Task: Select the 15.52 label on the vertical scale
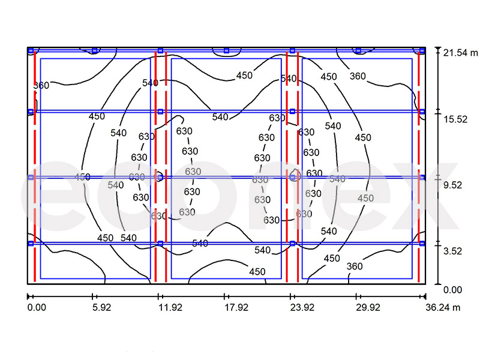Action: pyautogui.click(x=456, y=119)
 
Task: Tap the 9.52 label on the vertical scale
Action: pyautogui.click(x=452, y=185)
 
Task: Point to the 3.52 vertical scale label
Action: pyautogui.click(x=452, y=251)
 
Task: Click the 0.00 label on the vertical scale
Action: pyautogui.click(x=452, y=290)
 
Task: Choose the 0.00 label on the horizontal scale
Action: pyautogui.click(x=37, y=307)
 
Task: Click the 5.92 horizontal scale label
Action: pyautogui.click(x=101, y=307)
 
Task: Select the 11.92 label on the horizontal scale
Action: pyautogui.click(x=170, y=307)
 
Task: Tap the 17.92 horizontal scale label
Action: pyautogui.click(x=236, y=307)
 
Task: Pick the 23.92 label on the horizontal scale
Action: pyautogui.click(x=302, y=307)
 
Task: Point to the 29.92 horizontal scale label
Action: pyautogui.click(x=368, y=307)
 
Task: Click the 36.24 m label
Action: pyautogui.click(x=443, y=307)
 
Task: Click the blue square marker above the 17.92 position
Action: pyautogui.click(x=227, y=50)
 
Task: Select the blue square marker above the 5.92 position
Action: pyautogui.click(x=95, y=50)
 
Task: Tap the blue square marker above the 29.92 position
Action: pyautogui.click(x=358, y=50)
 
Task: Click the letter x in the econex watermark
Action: pyautogui.click(x=431, y=196)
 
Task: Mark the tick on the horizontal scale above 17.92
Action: pyautogui.click(x=224, y=296)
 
